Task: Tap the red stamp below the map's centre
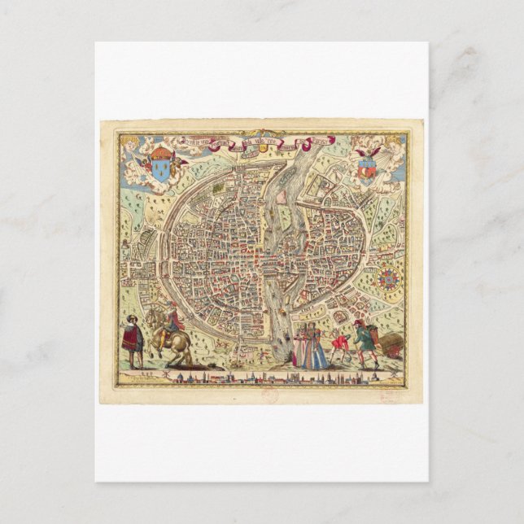click(272, 396)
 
